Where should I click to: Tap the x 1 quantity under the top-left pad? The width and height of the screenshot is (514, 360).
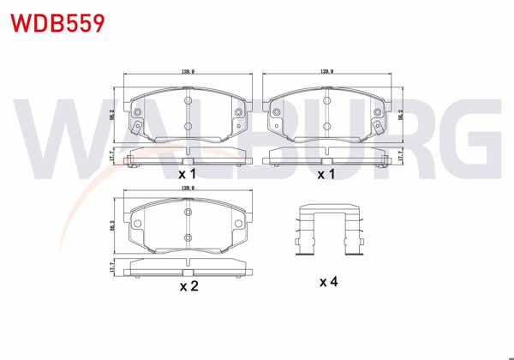(x=188, y=174)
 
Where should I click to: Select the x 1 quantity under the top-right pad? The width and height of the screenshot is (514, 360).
(x=326, y=174)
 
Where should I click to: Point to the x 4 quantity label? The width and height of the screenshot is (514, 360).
(x=329, y=281)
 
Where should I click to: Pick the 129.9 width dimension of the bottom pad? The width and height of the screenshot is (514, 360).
(x=188, y=186)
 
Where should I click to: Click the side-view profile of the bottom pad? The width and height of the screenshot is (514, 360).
(x=188, y=268)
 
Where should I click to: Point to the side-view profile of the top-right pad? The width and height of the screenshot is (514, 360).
(x=326, y=156)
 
